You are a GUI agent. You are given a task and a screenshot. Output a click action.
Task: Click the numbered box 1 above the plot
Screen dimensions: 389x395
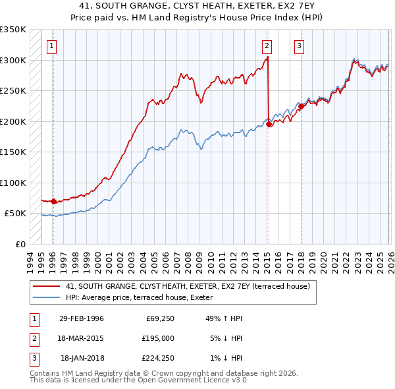click(51, 45)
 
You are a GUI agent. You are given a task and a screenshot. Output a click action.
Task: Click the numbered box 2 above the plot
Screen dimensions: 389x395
click(267, 45)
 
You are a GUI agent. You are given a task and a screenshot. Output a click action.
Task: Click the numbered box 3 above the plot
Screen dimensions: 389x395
click(299, 45)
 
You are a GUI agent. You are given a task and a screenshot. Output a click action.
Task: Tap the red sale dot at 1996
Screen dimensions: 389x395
click(54, 202)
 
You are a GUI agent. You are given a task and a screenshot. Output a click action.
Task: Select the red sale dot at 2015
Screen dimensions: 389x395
click(269, 125)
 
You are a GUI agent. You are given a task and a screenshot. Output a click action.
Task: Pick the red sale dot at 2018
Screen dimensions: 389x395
click(301, 106)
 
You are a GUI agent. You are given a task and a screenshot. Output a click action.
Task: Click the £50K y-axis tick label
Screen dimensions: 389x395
click(15, 214)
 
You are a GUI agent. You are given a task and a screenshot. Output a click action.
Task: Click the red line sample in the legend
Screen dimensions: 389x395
click(46, 286)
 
